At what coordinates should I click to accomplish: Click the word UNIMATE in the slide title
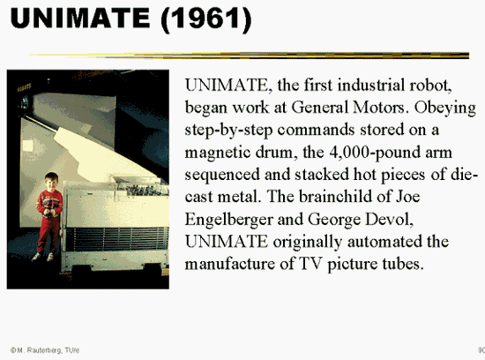pos(80,18)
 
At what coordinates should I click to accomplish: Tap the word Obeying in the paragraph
pos(444,109)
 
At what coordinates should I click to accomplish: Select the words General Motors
pos(348,108)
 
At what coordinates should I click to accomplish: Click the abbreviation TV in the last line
pos(311,264)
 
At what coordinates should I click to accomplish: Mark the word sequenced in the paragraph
pos(222,176)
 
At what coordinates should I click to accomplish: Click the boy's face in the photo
pos(51,184)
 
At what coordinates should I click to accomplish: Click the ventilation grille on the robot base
pos(117,238)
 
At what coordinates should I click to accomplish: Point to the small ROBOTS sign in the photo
pos(24,88)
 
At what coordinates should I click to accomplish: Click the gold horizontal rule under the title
pos(249,56)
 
